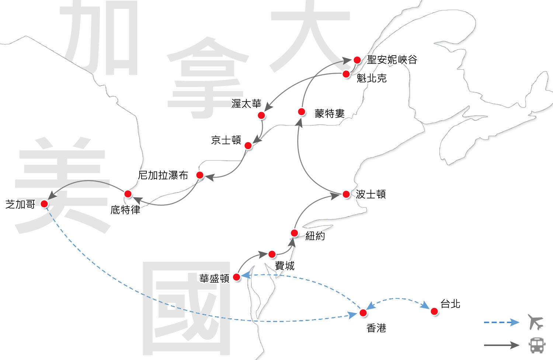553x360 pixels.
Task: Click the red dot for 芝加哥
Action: click(x=44, y=204)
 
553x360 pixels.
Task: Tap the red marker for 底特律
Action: click(x=128, y=194)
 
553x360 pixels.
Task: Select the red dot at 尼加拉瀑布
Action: click(x=200, y=175)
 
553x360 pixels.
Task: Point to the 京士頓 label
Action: click(x=226, y=140)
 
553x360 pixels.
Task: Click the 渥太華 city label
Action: click(x=246, y=104)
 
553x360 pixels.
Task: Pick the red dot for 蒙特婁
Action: click(x=302, y=111)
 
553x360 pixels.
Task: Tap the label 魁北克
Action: click(x=372, y=78)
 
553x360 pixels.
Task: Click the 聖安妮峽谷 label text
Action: click(x=392, y=60)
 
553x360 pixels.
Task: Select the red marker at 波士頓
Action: click(x=346, y=194)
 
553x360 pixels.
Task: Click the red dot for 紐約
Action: click(x=294, y=233)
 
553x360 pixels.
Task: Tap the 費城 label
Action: click(x=285, y=266)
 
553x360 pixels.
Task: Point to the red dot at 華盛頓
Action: click(x=237, y=277)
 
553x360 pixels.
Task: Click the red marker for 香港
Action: click(x=363, y=313)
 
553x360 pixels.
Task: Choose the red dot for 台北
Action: click(x=434, y=312)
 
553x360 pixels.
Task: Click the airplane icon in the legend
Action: click(x=535, y=322)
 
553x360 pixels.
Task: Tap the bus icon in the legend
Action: click(x=537, y=345)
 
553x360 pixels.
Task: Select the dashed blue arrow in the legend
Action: click(x=501, y=322)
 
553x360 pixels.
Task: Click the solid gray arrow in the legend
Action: click(x=501, y=345)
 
